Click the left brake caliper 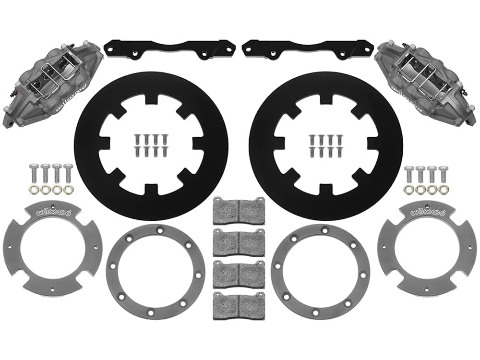52,82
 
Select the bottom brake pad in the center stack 238,306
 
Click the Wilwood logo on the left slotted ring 54,212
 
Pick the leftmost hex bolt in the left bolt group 33,173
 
